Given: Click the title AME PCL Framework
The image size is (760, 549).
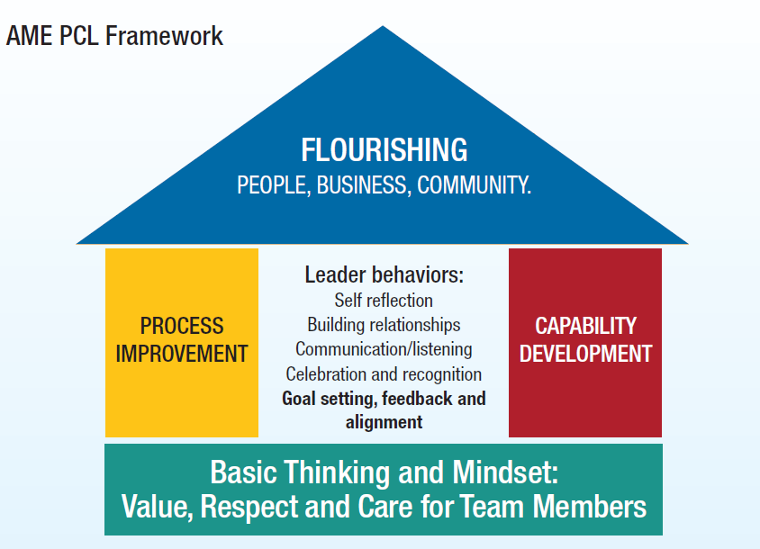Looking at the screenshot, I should click(x=114, y=37).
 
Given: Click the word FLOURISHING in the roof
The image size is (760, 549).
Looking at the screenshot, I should click(x=384, y=149).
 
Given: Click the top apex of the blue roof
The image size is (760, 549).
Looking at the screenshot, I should click(x=384, y=30).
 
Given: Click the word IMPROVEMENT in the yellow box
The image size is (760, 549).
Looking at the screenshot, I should click(x=182, y=354).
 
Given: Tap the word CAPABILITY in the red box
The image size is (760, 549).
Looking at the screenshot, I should click(x=585, y=326).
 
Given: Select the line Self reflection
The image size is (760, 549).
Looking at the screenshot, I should click(x=384, y=301).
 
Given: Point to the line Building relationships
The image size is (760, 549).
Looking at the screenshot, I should click(x=384, y=325).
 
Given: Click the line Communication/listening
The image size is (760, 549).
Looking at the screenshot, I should click(x=384, y=349).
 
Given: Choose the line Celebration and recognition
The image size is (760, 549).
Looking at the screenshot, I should click(x=384, y=373).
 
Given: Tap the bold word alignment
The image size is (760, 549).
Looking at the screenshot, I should click(x=384, y=421).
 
